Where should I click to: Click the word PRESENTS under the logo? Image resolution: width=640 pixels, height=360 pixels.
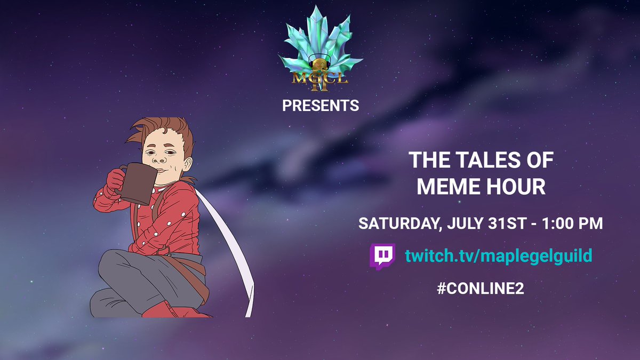pos(321,106)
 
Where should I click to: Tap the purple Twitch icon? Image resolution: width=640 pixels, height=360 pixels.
pos(382,257)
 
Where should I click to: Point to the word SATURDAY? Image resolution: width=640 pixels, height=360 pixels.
pos(397,223)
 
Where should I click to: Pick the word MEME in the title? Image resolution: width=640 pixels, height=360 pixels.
pos(446,187)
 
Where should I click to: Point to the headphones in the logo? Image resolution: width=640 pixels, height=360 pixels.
pos(320,63)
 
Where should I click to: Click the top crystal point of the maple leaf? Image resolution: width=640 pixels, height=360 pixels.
pos(319,11)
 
